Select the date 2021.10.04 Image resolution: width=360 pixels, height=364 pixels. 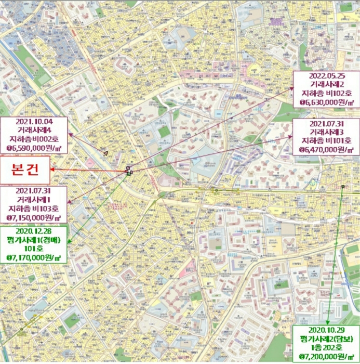(34, 121)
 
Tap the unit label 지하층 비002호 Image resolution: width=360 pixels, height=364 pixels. (34, 139)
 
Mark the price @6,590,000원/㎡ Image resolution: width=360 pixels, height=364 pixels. (34, 149)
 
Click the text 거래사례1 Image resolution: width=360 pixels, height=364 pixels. (34, 199)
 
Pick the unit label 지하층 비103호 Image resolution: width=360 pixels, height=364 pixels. (34, 209)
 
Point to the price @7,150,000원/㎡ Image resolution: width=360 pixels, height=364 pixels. (34, 218)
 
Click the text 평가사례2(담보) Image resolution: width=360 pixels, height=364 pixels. (325, 339)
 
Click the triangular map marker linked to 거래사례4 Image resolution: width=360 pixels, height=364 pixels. (105, 153)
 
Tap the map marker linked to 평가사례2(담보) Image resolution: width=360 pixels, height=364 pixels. (343, 187)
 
